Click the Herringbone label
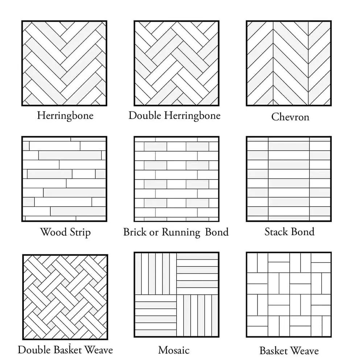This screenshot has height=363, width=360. tap(65, 116)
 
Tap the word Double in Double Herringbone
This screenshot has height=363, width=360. tap(145, 115)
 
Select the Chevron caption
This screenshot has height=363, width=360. tap(290, 117)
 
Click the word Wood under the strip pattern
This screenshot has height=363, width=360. tap(53, 232)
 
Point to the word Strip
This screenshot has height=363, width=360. tap(80, 232)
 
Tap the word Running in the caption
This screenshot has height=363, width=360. tap(181, 232)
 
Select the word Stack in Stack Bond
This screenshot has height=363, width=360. tap(276, 232)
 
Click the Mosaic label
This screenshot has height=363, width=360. tap(174, 350)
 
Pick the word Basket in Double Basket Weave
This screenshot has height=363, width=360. tap(67, 350)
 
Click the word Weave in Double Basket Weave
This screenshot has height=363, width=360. tap(99, 350)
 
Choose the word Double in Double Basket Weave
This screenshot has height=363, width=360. tap(34, 350)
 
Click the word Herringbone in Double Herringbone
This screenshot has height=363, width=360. tap(193, 116)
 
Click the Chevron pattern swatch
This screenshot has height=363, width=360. tap(289, 63)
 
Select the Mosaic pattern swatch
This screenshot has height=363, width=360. tap(177, 294)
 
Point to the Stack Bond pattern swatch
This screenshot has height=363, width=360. tap(289, 179)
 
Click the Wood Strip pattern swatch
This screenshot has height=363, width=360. tap(64, 179)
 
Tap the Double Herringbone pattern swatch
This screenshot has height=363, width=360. tap(177, 63)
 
